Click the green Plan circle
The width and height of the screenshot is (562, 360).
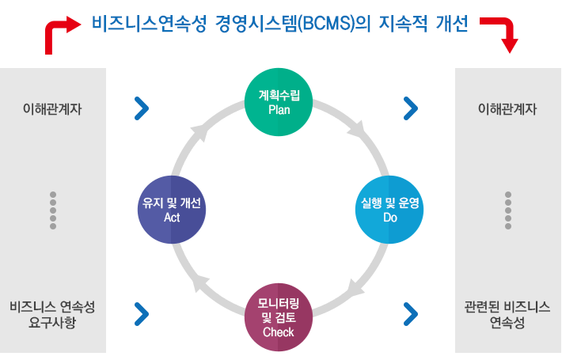click(x=279, y=102)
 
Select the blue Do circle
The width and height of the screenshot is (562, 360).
click(x=389, y=210)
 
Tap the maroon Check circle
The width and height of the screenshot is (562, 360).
click(x=279, y=317)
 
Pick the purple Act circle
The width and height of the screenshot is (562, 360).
click(x=172, y=210)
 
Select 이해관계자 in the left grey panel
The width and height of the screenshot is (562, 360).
click(x=52, y=109)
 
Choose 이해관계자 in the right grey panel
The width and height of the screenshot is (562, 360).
click(x=507, y=109)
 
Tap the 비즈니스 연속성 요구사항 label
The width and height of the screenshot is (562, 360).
click(x=52, y=315)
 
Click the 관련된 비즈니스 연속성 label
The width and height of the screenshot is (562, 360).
click(x=507, y=315)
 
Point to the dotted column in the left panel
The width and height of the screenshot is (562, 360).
click(x=53, y=210)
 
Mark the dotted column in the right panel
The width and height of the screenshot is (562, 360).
click(x=508, y=210)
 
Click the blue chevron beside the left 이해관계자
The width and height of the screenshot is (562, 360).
click(x=142, y=108)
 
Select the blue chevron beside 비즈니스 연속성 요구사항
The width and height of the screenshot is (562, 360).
click(x=142, y=314)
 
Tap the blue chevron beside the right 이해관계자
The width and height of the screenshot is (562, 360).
click(x=411, y=108)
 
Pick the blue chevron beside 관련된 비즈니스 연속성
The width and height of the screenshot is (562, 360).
click(x=411, y=314)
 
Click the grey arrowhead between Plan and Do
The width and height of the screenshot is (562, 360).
click(x=357, y=131)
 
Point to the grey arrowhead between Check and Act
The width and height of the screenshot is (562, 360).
click(x=199, y=284)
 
